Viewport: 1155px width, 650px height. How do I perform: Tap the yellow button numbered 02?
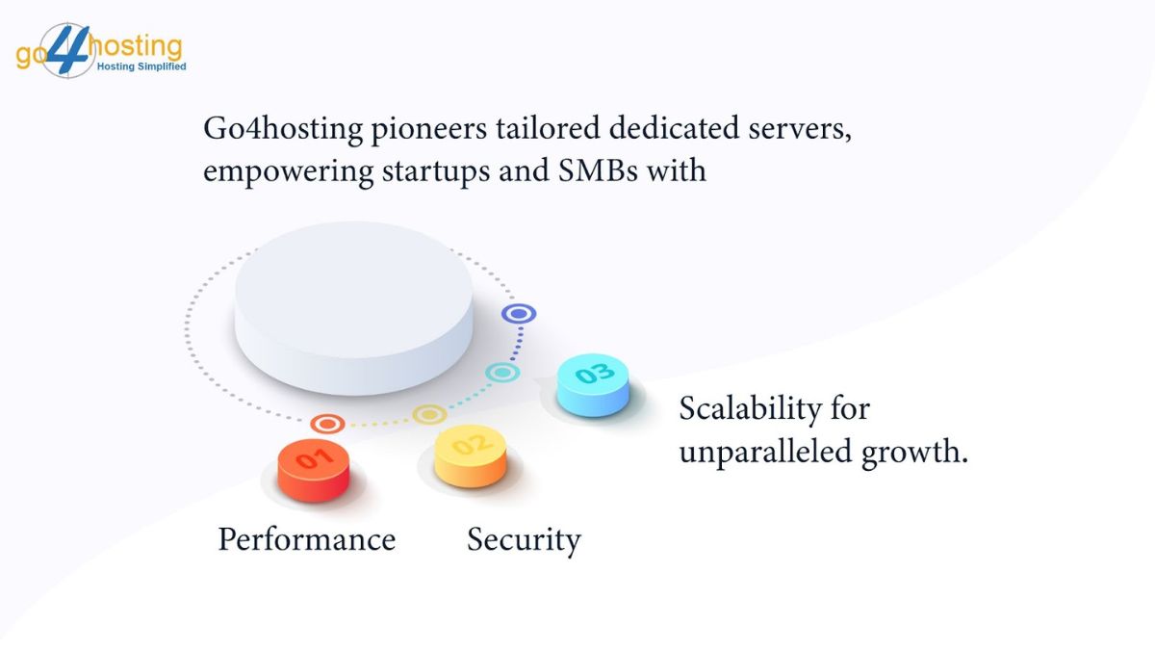point(471,455)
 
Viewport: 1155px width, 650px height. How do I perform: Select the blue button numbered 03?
point(592,383)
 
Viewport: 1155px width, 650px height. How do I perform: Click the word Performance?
point(306,539)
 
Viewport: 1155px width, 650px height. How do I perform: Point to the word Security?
point(524,539)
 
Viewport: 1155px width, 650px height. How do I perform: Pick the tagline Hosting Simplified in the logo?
point(140,66)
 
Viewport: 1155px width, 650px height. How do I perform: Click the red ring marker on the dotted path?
point(328,424)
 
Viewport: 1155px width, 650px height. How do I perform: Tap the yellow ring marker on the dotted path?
point(429,415)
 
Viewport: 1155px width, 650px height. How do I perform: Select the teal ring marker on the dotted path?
point(501,372)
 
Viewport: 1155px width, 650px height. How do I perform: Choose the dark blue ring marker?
point(519,314)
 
